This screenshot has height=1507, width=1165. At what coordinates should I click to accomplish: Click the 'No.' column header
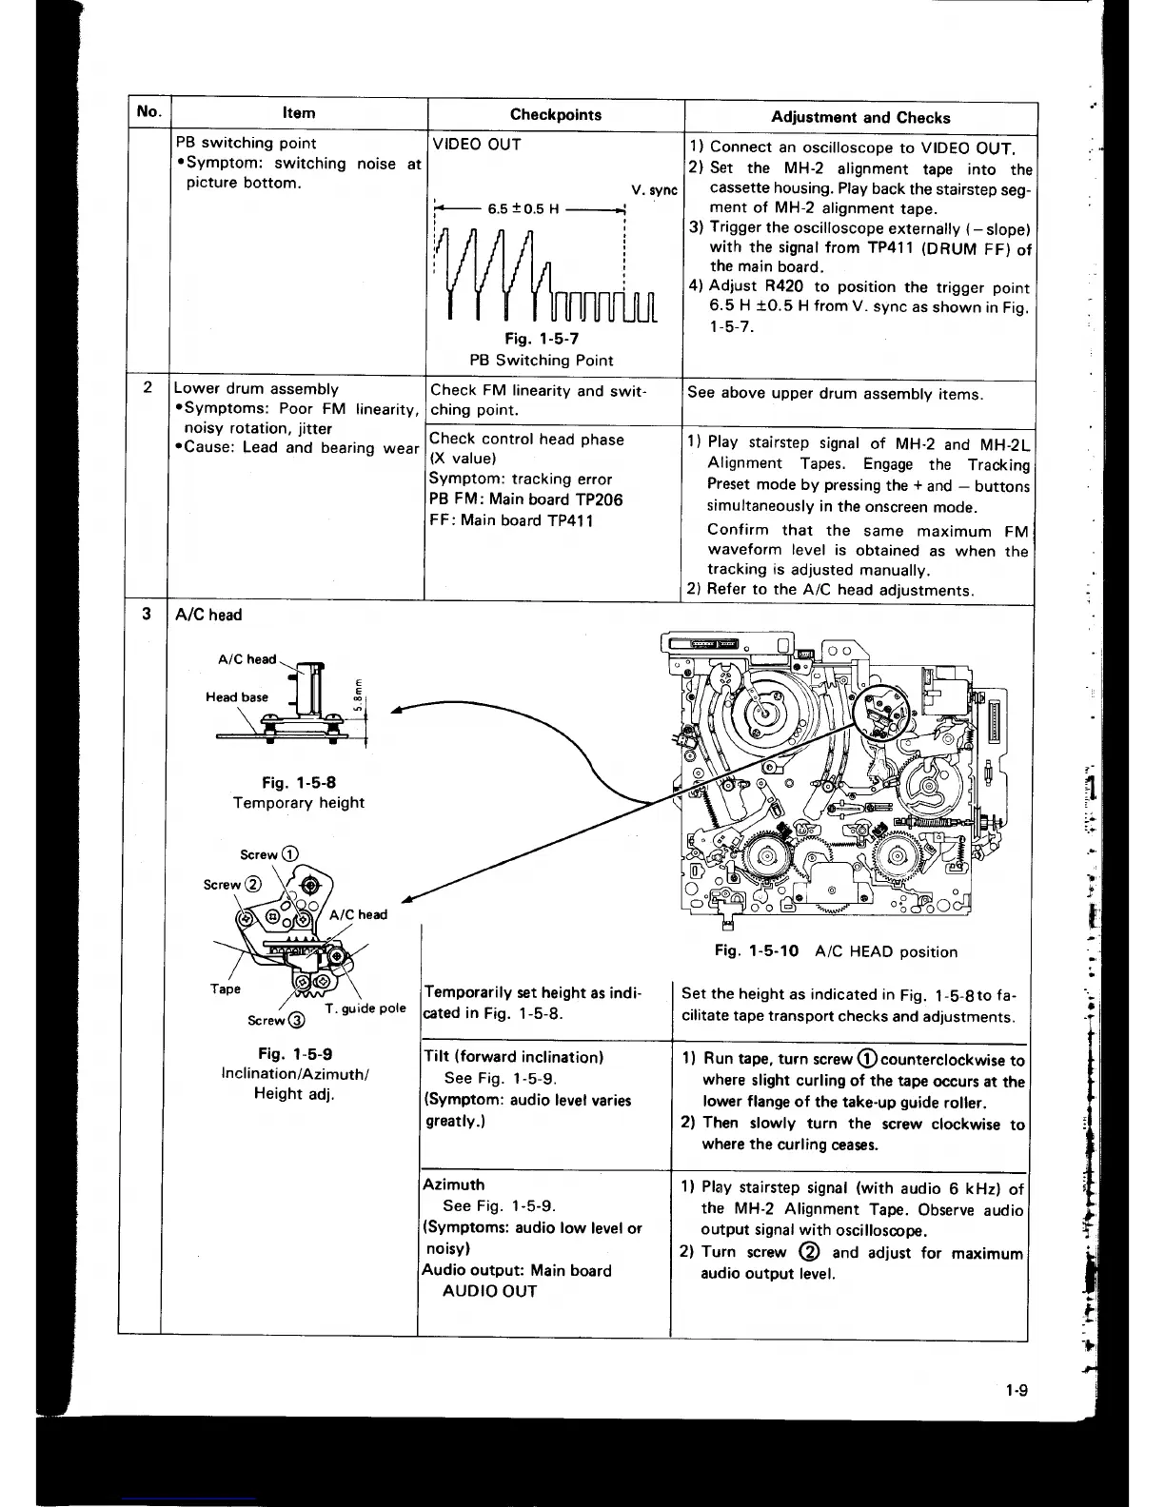coord(148,111)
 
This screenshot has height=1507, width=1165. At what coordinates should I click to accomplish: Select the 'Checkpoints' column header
coord(555,115)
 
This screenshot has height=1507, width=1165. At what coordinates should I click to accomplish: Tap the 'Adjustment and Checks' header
coord(859,118)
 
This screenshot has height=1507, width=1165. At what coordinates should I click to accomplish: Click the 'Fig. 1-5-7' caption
coord(542,339)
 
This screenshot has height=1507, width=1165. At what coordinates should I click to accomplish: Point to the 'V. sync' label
coord(654,190)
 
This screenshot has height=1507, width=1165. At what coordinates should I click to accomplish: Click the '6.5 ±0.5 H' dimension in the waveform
coord(523,209)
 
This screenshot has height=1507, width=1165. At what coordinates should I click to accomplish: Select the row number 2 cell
coord(148,387)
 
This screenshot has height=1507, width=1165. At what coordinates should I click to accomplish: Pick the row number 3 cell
coord(147,614)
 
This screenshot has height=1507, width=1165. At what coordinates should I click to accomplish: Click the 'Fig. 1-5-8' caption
coord(298,782)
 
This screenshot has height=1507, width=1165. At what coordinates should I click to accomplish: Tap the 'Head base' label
coord(237,697)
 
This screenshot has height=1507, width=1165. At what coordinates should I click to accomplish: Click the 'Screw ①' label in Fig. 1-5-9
coord(269,854)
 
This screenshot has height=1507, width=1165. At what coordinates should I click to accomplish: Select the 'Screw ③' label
coord(275,1021)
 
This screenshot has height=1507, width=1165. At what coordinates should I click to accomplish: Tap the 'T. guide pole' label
coord(365,1008)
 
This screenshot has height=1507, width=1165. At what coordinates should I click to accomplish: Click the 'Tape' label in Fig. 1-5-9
coord(226,989)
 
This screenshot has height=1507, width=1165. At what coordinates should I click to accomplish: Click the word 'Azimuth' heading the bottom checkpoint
coord(453,1184)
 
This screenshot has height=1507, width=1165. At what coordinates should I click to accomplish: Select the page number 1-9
coord(1016,1391)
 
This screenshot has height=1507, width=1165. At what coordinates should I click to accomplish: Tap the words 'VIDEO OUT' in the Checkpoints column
coord(477,145)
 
